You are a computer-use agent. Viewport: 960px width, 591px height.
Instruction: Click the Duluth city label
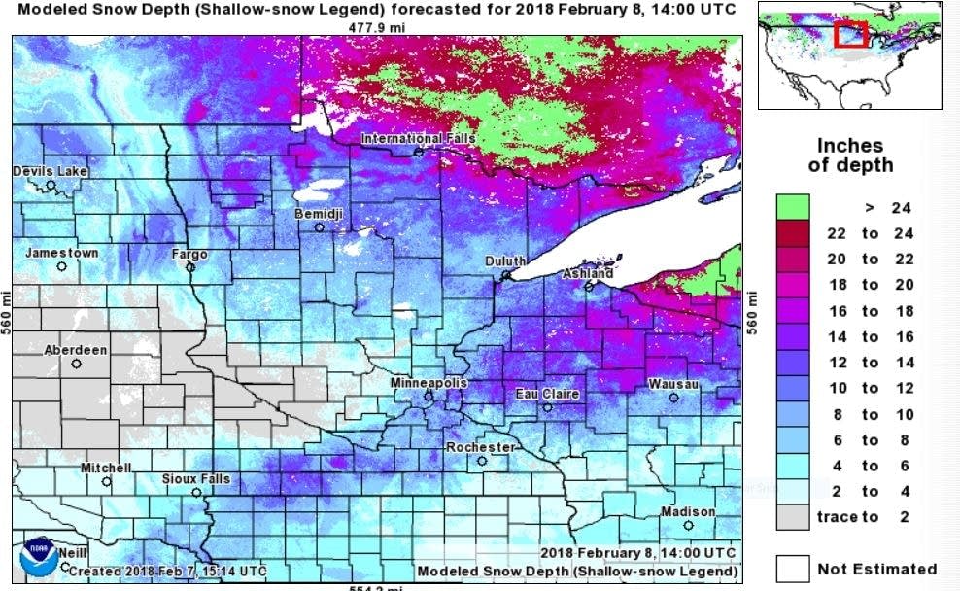505,261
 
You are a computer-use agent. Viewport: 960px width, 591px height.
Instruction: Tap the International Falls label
419,139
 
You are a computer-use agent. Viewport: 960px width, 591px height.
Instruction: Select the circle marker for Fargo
190,267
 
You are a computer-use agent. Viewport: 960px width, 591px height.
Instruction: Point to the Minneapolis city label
429,383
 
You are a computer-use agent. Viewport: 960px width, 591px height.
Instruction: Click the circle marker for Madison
688,526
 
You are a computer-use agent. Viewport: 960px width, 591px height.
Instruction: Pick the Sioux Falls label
196,479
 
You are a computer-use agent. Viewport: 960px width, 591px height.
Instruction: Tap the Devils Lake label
50,172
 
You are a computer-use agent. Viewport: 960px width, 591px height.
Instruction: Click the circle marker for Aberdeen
76,365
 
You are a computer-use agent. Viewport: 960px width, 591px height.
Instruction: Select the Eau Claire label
547,394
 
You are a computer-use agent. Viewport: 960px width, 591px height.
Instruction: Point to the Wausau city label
673,385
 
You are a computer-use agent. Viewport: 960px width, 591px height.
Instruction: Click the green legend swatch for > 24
792,207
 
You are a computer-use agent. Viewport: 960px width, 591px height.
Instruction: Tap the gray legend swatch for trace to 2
792,517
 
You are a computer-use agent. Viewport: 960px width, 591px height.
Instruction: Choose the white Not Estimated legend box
792,569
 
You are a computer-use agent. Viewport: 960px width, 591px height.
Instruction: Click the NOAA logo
38,555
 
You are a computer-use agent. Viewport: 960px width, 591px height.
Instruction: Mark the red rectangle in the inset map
850,34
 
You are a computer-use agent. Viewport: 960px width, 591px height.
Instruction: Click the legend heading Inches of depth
850,156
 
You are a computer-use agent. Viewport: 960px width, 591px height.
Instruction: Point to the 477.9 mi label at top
382,27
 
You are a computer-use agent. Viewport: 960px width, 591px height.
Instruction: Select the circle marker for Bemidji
319,227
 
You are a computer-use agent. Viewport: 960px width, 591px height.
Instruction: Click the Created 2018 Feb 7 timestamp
167,571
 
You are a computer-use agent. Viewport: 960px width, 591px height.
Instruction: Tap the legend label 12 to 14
870,363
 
